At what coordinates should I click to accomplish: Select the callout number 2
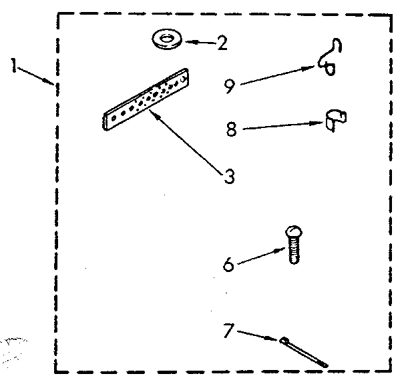(x=221, y=44)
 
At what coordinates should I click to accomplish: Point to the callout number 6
(x=229, y=264)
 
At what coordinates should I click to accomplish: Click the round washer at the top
(x=167, y=41)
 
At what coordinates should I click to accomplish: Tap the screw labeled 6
(x=292, y=245)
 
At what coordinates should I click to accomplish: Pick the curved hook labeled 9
(x=330, y=59)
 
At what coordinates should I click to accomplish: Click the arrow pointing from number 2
(x=200, y=43)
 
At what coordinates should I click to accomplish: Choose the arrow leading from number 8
(x=280, y=125)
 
